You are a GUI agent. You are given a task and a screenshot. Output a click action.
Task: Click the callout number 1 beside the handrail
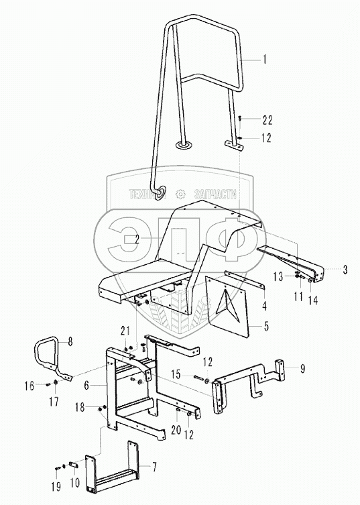[x=265, y=60]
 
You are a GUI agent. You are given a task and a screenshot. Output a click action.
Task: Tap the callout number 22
[x=267, y=121]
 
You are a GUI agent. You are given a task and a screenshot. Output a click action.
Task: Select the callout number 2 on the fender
[x=137, y=239]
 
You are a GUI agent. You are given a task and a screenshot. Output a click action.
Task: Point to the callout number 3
[x=345, y=269]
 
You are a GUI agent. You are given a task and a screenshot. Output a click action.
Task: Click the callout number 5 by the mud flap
[x=266, y=326]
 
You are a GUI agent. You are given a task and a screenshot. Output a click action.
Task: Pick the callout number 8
[x=70, y=341]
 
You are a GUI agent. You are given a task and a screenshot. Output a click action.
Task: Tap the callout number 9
[x=302, y=368]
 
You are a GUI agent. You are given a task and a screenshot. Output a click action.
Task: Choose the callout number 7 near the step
[x=154, y=467]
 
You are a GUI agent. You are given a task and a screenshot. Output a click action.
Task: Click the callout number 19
[x=56, y=487]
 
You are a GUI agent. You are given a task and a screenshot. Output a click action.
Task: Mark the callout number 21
[x=125, y=331]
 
